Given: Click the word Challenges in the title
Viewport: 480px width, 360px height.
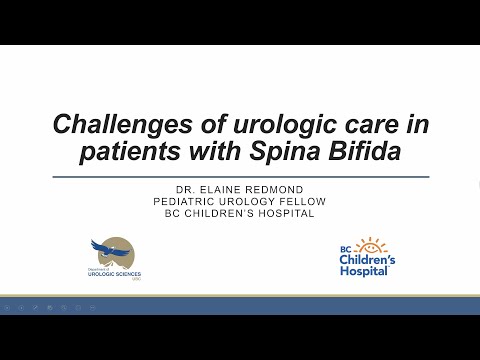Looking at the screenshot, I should pos(107,127).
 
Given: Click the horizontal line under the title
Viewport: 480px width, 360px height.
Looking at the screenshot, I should pos(240,176).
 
